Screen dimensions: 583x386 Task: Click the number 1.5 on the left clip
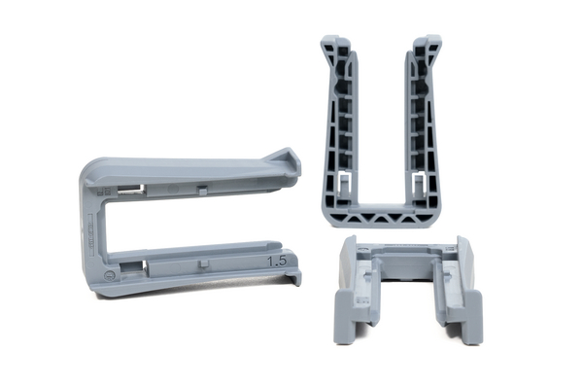coord(277,262)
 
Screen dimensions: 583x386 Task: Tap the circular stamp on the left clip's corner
coord(110,276)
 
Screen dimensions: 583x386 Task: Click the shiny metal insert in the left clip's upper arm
coord(130,190)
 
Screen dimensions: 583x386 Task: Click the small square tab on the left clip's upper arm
coord(203,190)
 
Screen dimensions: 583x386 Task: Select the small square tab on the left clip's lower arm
coord(203,263)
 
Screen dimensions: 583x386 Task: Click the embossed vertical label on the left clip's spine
coord(89,227)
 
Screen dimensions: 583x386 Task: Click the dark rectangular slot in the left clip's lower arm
coord(131,266)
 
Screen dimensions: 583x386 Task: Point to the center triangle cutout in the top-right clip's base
coord(383,219)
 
